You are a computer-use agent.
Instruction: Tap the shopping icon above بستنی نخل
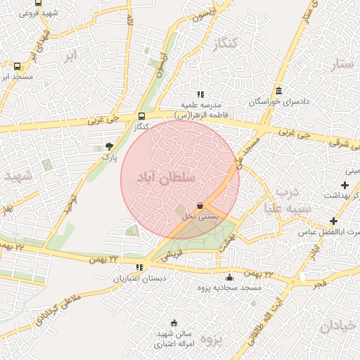click(x=200, y=205)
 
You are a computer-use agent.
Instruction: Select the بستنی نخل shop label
click(x=200, y=217)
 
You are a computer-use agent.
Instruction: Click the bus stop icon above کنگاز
click(x=143, y=116)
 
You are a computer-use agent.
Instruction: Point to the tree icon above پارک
click(x=109, y=146)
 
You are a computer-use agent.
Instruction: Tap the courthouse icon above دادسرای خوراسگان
click(x=279, y=91)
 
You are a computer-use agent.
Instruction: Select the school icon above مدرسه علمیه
click(x=200, y=94)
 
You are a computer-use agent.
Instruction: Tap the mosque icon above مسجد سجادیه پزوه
click(x=231, y=277)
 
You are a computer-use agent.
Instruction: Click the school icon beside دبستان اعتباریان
click(x=140, y=267)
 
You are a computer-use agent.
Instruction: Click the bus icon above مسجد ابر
click(x=18, y=66)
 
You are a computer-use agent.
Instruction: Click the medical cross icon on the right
click(x=345, y=185)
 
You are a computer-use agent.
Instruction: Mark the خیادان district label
click(x=339, y=326)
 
